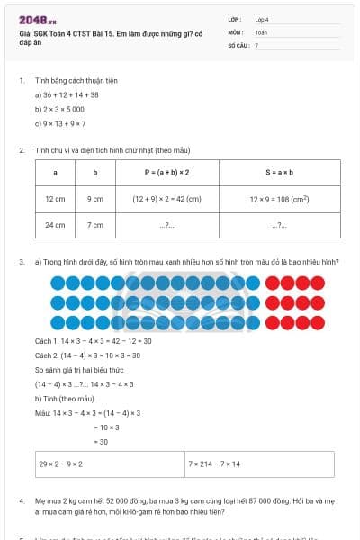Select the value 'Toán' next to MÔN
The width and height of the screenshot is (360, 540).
point(261,31)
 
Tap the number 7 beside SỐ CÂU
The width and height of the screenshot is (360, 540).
point(256,44)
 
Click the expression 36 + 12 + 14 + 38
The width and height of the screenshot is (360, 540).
point(67,94)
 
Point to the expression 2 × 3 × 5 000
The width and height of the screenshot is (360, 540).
point(60,109)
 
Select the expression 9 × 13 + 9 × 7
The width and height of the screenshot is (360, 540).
point(60,123)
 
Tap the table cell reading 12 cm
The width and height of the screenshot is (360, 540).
point(55,198)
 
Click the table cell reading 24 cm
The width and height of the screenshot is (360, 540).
point(55,225)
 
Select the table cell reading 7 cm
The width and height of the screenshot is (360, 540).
point(94,225)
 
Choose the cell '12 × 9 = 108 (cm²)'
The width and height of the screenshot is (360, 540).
point(280,198)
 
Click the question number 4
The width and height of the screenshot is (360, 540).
point(22,499)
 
